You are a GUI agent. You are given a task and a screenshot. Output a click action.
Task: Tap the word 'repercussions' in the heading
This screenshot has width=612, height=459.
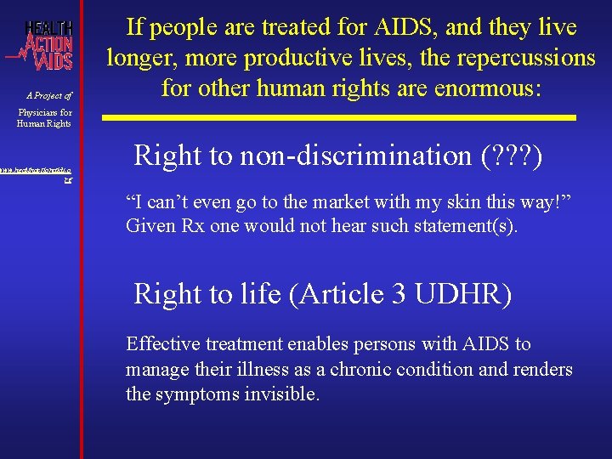click(x=521, y=57)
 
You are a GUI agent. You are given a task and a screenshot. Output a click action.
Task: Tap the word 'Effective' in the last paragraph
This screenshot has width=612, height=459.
click(x=161, y=344)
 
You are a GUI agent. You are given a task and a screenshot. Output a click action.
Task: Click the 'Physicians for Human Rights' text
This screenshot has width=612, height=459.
click(x=44, y=117)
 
